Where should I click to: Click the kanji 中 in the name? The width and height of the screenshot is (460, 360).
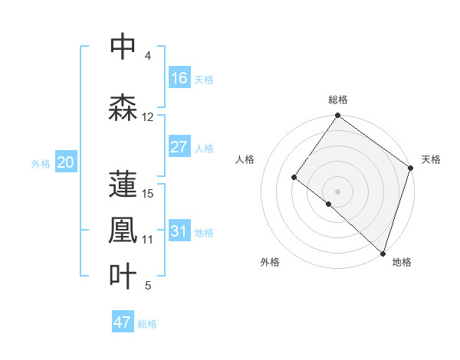[123, 47]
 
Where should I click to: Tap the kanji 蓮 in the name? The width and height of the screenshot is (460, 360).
[123, 184]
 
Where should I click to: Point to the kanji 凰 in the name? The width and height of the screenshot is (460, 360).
[123, 231]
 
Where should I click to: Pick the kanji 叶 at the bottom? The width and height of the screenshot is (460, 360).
[123, 277]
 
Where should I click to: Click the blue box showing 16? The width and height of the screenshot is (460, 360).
[179, 78]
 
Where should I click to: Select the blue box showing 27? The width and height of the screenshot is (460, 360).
[179, 147]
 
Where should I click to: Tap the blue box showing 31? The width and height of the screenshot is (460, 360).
[179, 231]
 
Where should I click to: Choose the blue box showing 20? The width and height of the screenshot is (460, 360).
[66, 162]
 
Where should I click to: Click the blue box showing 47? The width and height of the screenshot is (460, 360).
[123, 322]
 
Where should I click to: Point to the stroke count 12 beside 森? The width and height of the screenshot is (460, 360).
[148, 117]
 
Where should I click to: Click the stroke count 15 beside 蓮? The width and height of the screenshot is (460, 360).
[149, 193]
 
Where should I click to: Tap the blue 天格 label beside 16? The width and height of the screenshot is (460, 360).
[204, 80]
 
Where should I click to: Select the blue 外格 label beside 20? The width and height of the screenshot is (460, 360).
[41, 164]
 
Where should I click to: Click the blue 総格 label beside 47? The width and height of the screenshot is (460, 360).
[147, 324]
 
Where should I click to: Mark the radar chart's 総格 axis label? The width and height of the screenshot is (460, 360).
[337, 100]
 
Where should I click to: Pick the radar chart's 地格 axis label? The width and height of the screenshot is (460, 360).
[402, 262]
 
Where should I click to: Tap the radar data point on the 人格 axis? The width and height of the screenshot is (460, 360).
[294, 178]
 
